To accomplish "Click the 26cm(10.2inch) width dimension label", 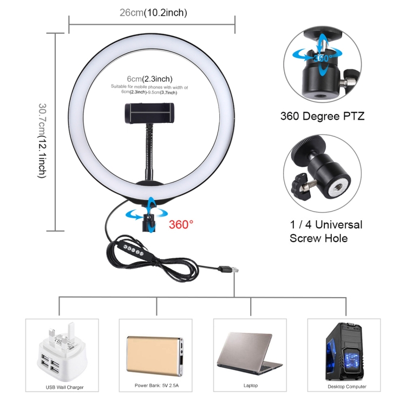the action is (x=153, y=12).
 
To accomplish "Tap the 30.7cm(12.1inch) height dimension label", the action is (x=42, y=141).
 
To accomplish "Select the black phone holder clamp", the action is (x=149, y=113).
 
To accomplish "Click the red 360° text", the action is (x=181, y=225).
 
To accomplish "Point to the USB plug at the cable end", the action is (x=228, y=269).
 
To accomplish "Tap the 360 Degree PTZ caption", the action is (x=323, y=116).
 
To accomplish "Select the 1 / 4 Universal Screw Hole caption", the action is (x=326, y=232).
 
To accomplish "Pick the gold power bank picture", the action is (x=155, y=356).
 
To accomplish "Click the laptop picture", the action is (x=250, y=353).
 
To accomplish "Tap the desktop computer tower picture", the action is (x=344, y=351).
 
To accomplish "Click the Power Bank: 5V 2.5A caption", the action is (x=156, y=385).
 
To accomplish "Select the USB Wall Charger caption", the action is (x=64, y=388).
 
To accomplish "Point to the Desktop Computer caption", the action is (x=347, y=387).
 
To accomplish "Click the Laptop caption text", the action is (x=251, y=385).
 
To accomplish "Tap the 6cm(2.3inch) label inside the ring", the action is (x=149, y=78).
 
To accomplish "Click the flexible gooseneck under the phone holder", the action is (x=148, y=152).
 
